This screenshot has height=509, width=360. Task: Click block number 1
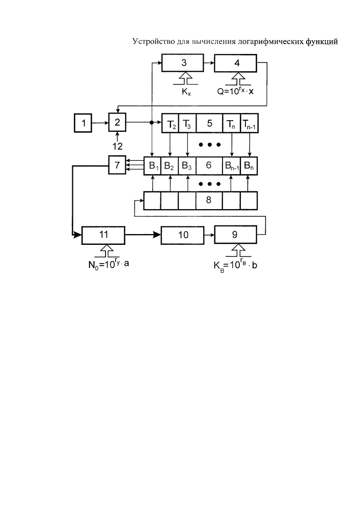pos(83,123)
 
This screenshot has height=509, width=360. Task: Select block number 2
pos(117,122)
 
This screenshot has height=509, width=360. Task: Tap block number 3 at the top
pos(183,63)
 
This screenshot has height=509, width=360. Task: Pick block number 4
pos(236,63)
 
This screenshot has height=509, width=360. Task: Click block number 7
pos(117,165)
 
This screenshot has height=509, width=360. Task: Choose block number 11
pos(103,235)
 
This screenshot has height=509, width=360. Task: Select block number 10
pos(183,235)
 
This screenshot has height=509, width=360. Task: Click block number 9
pos(236,235)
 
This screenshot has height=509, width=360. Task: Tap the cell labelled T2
pos(170,123)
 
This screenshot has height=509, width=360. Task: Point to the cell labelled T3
pos(187,123)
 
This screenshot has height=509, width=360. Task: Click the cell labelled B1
pos(153,166)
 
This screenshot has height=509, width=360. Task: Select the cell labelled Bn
pos(249,166)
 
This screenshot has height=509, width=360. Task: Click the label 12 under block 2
pos(118,147)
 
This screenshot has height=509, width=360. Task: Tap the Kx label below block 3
pos(186,92)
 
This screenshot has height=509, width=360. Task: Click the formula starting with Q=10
pos(235,91)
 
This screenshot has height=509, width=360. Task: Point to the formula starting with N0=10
pos(108,264)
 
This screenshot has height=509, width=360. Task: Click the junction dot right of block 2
pos(152,122)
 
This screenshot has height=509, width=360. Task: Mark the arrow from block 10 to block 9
pos(209,235)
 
